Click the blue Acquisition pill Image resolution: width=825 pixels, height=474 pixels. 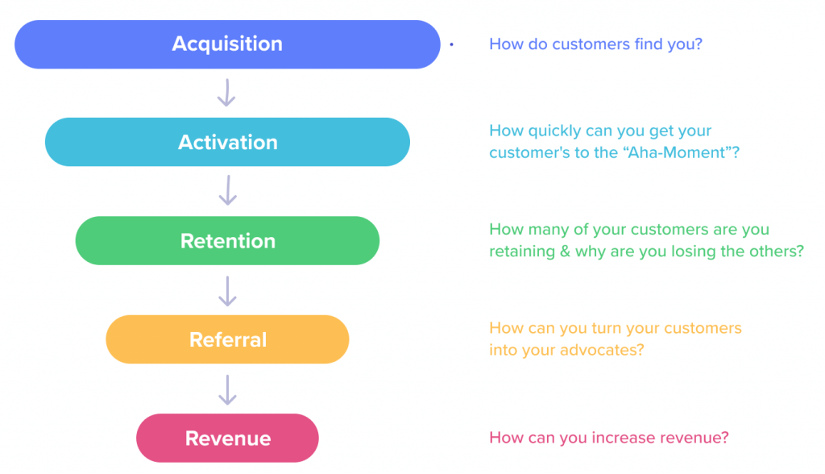[x=227, y=44]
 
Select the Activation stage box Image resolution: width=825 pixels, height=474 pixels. [x=227, y=143]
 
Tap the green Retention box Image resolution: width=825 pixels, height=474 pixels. [x=227, y=241]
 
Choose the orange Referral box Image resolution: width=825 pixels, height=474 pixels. [x=227, y=339]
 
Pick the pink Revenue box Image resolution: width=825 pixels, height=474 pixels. [x=227, y=439]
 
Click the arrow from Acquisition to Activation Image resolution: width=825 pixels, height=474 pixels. [x=227, y=93]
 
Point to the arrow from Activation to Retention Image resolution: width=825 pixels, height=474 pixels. [x=227, y=191]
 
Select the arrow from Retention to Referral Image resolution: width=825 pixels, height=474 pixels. [x=227, y=290]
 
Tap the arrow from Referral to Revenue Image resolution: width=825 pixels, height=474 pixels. [x=227, y=389]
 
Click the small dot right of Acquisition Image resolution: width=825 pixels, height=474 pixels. [x=451, y=45]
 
